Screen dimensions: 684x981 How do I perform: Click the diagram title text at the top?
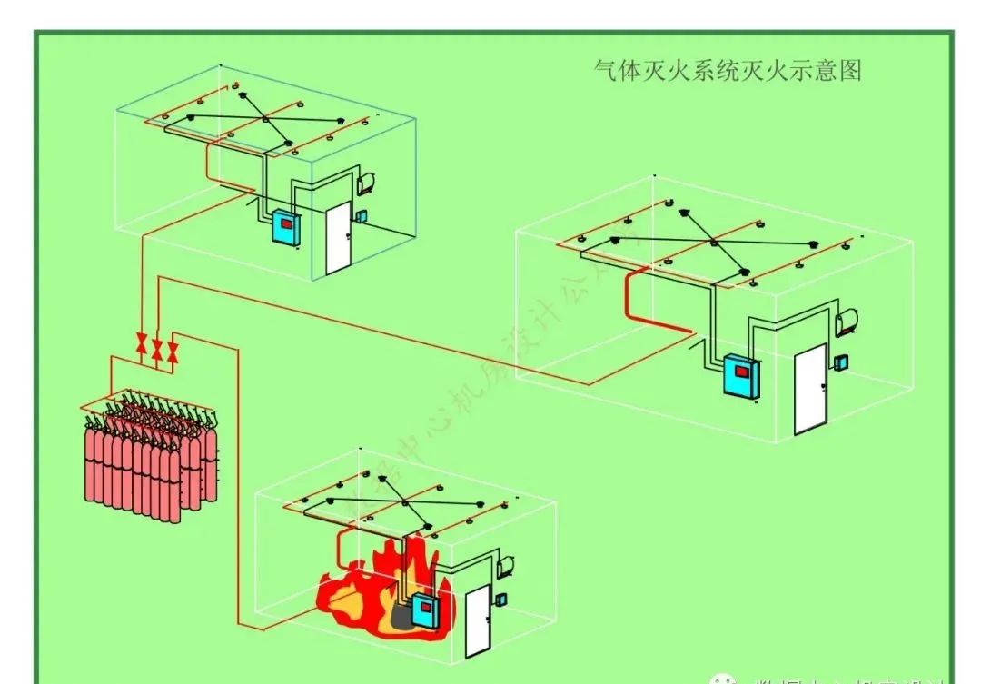(x=726, y=70)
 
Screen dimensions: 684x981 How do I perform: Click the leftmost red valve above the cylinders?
(x=142, y=343)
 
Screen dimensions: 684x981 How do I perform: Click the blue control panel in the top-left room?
(x=285, y=228)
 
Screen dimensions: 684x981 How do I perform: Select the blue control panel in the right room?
(x=739, y=376)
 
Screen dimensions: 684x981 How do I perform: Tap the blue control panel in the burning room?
(x=422, y=610)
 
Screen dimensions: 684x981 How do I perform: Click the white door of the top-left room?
(x=337, y=239)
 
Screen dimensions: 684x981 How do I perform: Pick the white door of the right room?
(x=809, y=389)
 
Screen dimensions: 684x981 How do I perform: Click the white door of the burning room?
(x=476, y=621)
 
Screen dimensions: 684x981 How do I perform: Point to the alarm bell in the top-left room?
(x=368, y=181)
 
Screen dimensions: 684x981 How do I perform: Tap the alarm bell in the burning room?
(x=506, y=563)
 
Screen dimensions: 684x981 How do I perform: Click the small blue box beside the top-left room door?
(x=361, y=216)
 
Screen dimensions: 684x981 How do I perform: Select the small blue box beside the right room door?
(x=843, y=362)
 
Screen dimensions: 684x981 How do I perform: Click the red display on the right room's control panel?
(x=743, y=370)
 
